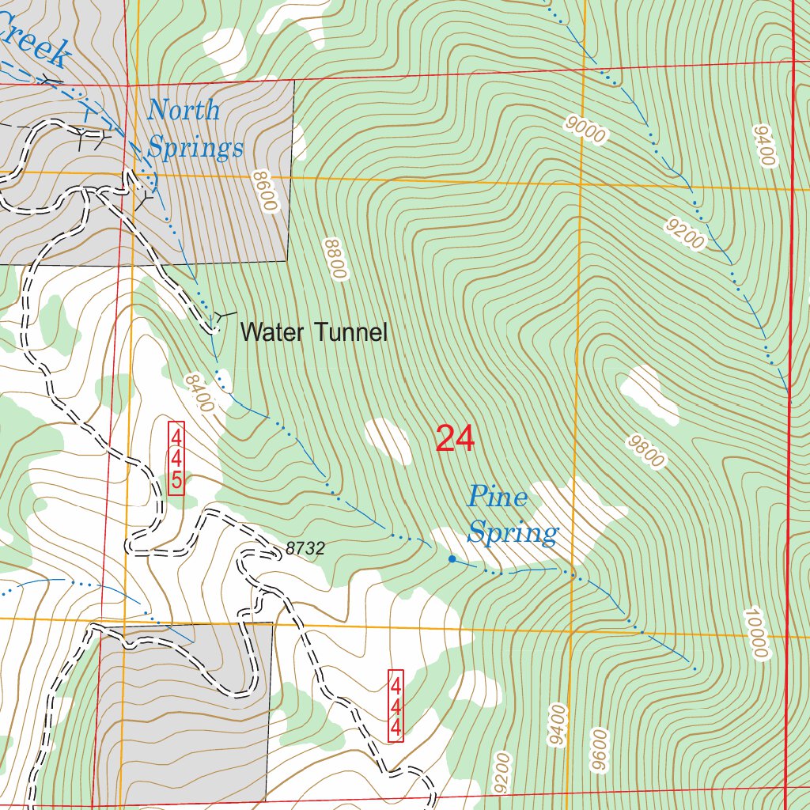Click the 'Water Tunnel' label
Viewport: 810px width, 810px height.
(313, 332)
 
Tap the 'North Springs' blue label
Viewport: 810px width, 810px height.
(195, 129)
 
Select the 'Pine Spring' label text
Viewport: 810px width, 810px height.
(512, 515)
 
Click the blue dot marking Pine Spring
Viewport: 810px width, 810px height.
(452, 559)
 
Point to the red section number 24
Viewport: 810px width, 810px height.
(455, 439)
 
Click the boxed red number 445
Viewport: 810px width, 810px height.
(176, 459)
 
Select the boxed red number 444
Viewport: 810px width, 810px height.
(396, 706)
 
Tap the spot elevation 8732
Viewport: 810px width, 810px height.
(305, 548)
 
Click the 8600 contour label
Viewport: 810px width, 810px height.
(266, 191)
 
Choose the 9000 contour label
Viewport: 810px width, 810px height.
(585, 130)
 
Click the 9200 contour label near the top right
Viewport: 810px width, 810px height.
(685, 235)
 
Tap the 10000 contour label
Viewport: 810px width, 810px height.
(757, 634)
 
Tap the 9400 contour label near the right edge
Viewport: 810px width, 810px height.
(764, 145)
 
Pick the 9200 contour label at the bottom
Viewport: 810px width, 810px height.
(502, 774)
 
